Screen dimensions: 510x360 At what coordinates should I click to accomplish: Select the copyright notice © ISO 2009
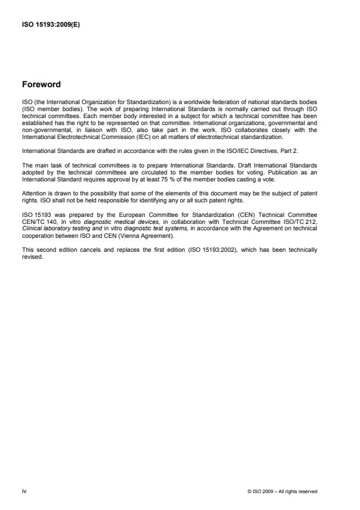click(282, 491)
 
